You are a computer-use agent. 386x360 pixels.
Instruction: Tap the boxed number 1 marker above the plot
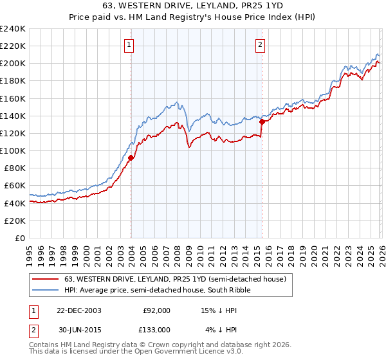130,44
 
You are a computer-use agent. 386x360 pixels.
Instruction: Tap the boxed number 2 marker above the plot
261,44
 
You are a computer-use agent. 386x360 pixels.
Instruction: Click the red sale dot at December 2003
131,157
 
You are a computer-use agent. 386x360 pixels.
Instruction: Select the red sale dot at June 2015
262,122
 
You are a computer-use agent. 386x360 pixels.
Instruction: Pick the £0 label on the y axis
20,238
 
